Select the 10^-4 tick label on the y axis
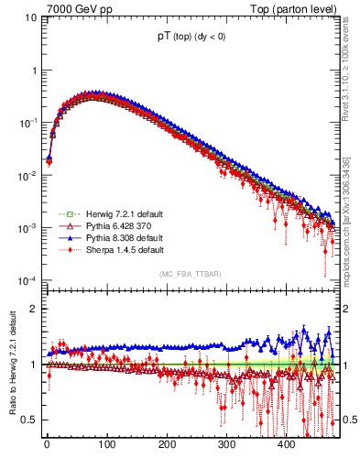point(27,280)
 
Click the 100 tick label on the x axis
point(106,445)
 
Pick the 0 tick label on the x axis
point(47,445)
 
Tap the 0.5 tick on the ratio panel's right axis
point(349,420)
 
